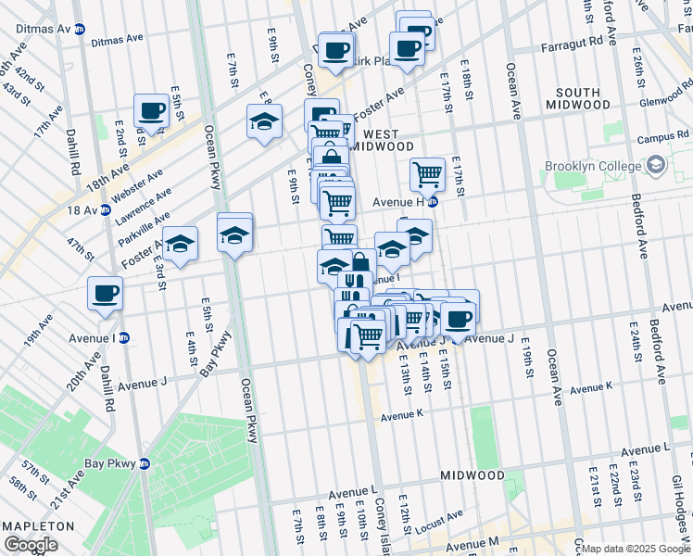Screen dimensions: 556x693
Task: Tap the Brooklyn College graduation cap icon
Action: (x=656, y=167)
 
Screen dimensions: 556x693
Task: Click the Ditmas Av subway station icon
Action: (x=80, y=30)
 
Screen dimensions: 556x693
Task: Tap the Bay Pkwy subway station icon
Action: (x=145, y=463)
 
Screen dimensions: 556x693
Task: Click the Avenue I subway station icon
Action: (x=123, y=337)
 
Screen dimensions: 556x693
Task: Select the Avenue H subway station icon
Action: (x=433, y=202)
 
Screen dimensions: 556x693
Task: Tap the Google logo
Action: (x=31, y=544)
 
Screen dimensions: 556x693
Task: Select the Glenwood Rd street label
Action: (x=666, y=93)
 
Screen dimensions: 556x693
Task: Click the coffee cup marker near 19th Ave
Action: (x=105, y=294)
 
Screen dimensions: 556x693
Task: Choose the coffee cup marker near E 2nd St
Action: (x=151, y=111)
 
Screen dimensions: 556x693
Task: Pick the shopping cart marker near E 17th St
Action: (x=427, y=172)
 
